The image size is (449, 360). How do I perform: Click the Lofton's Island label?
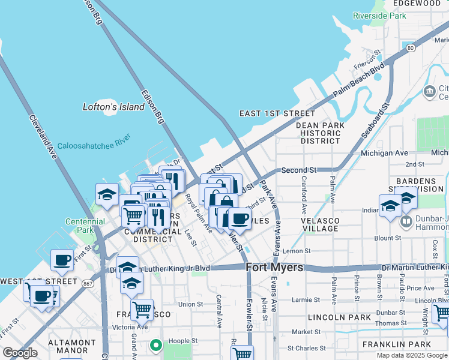tap(113, 107)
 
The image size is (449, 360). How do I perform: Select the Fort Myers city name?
tap(275, 268)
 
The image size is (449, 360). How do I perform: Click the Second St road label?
tap(298, 170)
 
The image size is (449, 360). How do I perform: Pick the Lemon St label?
tap(299, 251)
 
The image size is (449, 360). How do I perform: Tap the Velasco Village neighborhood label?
tap(324, 225)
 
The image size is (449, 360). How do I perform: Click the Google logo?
tap(20, 353)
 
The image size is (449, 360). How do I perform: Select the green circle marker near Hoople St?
tap(156, 345)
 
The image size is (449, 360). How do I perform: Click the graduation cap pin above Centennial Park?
tap(106, 194)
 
